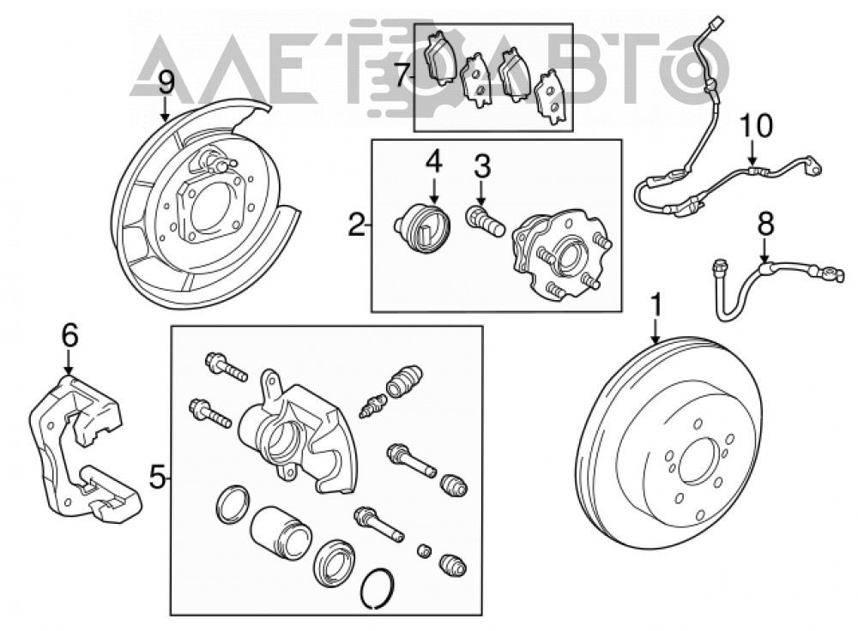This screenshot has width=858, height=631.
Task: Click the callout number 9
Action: pyautogui.click(x=166, y=84)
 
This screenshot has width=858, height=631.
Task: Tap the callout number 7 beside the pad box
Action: pyautogui.click(x=402, y=75)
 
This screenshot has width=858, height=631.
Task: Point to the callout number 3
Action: pyautogui.click(x=482, y=165)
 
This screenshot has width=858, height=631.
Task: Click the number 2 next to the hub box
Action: pyautogui.click(x=357, y=224)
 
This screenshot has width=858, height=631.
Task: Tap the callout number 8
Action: pyautogui.click(x=765, y=224)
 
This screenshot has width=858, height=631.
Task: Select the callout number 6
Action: pyautogui.click(x=69, y=335)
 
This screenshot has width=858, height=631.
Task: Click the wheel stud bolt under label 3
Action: pyautogui.click(x=485, y=222)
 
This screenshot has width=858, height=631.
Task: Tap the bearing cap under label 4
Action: pyautogui.click(x=423, y=229)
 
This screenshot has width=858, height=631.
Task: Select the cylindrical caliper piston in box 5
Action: pyautogui.click(x=281, y=534)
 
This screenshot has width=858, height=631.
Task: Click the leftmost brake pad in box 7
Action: pyautogui.click(x=440, y=57)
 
